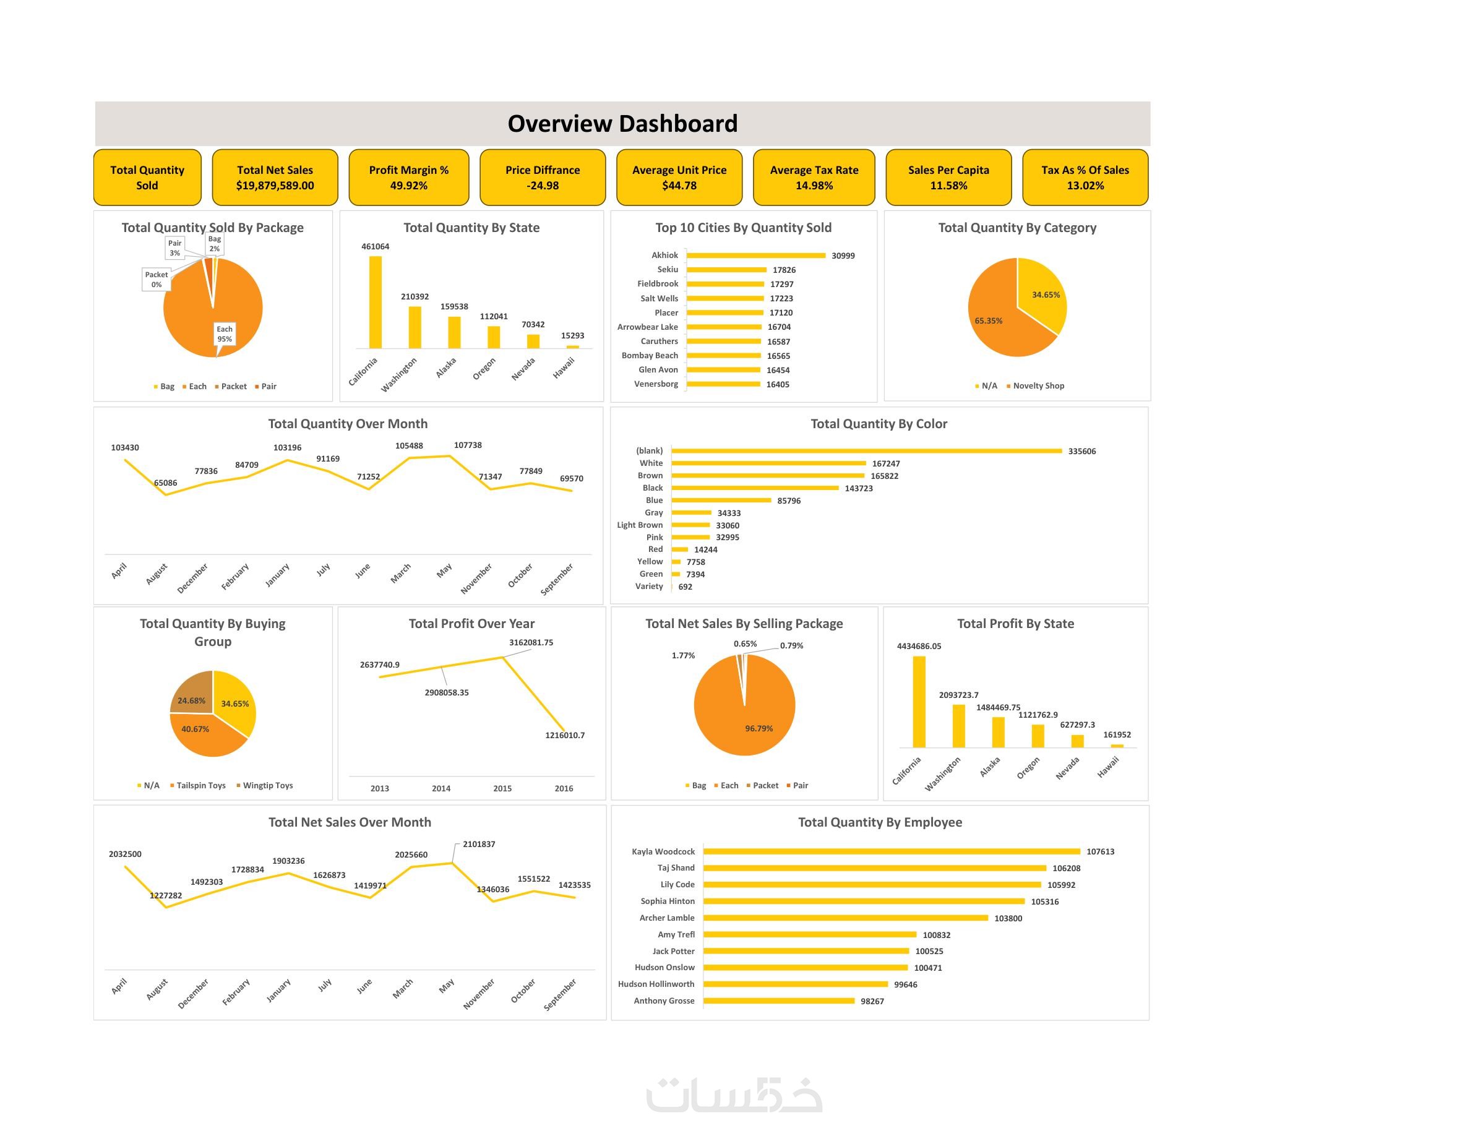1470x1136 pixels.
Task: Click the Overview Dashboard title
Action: (x=622, y=124)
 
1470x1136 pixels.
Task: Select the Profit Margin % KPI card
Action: (x=408, y=178)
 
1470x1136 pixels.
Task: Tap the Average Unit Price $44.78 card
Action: (x=679, y=178)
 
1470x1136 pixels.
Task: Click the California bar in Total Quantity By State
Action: (x=376, y=302)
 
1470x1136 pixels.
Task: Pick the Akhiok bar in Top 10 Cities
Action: (x=755, y=256)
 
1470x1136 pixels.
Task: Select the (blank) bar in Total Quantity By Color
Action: (x=866, y=451)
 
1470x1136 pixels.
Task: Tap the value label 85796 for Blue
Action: (x=789, y=501)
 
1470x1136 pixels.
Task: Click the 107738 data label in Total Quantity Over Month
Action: (x=468, y=445)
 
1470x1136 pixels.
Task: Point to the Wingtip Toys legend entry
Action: (x=267, y=785)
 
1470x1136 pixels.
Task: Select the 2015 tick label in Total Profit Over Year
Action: (x=502, y=788)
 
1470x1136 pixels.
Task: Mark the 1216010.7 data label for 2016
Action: (x=565, y=735)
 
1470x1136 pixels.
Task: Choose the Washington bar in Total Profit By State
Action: (x=959, y=726)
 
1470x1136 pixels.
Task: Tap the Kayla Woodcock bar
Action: (x=891, y=851)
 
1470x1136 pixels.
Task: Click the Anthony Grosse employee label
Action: (x=664, y=1000)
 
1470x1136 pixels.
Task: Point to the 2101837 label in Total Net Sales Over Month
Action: (x=479, y=844)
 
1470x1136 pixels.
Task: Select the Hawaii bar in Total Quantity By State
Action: (x=573, y=346)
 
